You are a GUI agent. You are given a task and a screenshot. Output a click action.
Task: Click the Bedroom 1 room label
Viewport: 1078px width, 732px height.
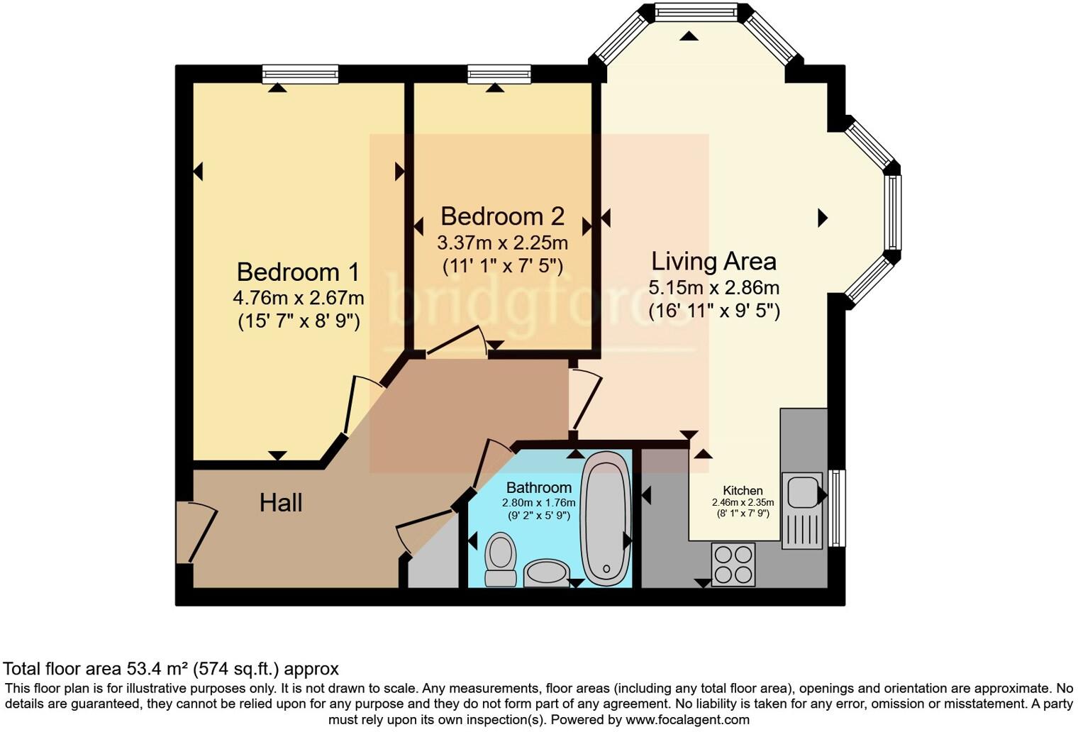pos(298,272)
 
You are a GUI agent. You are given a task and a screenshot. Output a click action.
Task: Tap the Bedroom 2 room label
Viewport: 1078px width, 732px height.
pos(502,216)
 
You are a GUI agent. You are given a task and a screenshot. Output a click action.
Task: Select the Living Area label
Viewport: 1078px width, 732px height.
pos(713,261)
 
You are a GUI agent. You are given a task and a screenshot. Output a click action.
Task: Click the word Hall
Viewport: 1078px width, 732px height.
pos(281,503)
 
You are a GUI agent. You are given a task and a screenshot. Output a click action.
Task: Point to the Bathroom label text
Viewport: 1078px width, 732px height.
pos(538,488)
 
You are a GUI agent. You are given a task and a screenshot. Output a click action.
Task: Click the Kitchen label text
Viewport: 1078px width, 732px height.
pos(743,490)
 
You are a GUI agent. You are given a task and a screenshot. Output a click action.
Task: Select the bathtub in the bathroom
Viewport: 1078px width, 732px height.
pos(606,518)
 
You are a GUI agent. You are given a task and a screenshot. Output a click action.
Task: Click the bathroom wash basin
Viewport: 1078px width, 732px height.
pos(546,573)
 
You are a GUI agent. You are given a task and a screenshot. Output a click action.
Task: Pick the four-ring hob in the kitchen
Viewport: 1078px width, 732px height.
pos(733,565)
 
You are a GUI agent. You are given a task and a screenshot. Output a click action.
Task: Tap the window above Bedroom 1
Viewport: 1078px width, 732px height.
pos(300,74)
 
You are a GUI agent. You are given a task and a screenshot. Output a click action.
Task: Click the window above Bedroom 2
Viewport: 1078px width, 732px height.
pos(499,74)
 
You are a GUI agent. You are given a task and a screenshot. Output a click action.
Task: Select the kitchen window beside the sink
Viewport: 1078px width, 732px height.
pos(838,508)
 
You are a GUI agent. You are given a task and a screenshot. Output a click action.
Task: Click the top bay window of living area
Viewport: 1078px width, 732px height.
pos(695,11)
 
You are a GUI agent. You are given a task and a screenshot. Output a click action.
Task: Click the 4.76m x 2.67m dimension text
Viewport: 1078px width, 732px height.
pos(298,298)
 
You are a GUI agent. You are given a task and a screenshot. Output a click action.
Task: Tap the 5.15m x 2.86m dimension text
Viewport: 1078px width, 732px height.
pos(713,288)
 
